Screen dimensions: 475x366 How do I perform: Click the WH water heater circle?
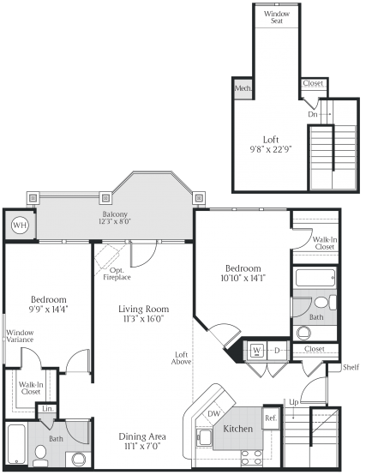19,226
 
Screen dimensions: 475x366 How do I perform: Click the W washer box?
256,350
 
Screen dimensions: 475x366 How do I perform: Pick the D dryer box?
278,350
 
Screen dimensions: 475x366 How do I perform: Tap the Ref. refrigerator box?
271,418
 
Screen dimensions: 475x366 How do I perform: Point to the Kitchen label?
237,428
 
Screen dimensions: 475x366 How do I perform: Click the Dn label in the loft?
314,113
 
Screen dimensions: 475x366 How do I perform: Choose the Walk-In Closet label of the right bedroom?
324,243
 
